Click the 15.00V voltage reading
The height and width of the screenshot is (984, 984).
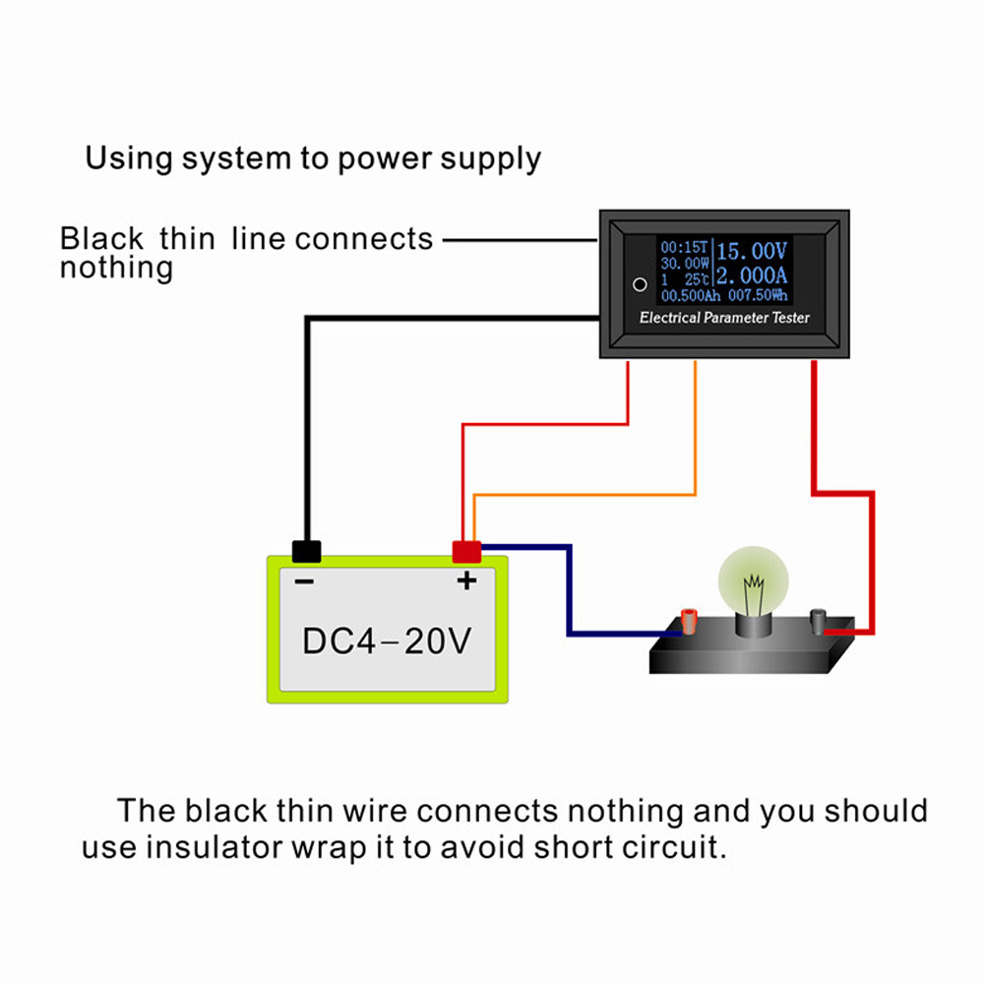[754, 248]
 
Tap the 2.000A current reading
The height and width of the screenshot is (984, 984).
[754, 276]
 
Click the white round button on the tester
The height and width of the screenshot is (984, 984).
[640, 284]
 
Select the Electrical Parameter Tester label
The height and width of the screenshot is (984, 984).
[724, 318]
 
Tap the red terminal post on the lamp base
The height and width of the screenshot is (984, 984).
[690, 621]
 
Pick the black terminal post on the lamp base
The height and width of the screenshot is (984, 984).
[816, 621]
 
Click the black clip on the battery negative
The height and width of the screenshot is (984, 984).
[306, 551]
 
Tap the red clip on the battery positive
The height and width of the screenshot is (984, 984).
[465, 551]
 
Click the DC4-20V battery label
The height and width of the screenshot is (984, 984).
[387, 642]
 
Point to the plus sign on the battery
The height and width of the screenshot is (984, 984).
[466, 581]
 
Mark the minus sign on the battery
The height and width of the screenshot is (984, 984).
[304, 582]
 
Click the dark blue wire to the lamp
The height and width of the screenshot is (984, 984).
[569, 590]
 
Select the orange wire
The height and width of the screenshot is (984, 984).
[696, 433]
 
